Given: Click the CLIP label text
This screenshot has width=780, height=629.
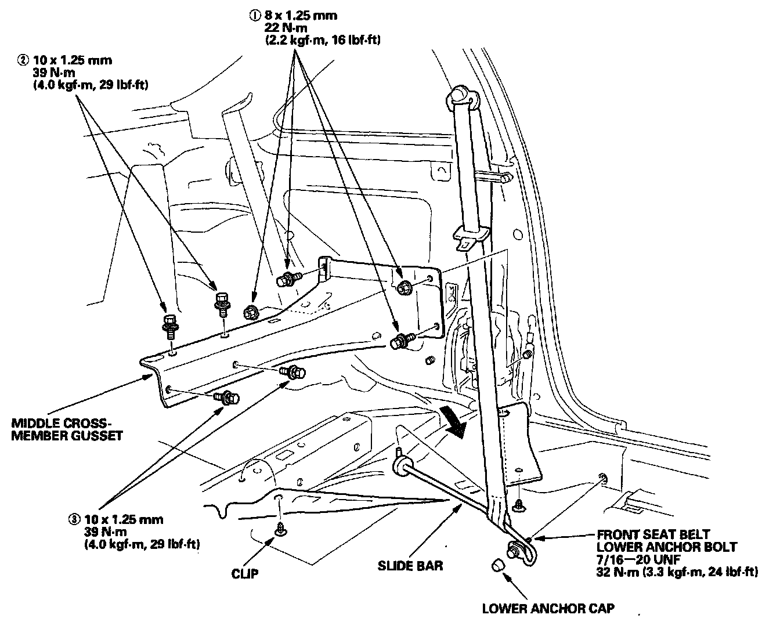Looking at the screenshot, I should point(245,574).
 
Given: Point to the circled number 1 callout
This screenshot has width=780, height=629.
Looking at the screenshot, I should point(253,16).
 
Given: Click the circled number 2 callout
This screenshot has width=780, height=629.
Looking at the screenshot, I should point(23,60).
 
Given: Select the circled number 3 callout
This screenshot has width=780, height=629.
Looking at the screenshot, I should point(73,519).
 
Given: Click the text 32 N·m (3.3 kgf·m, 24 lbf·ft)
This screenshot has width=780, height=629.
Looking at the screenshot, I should point(677,572).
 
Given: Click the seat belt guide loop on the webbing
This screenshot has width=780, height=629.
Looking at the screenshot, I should point(470,234).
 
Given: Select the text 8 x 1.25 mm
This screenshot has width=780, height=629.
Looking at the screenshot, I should point(299,16).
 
